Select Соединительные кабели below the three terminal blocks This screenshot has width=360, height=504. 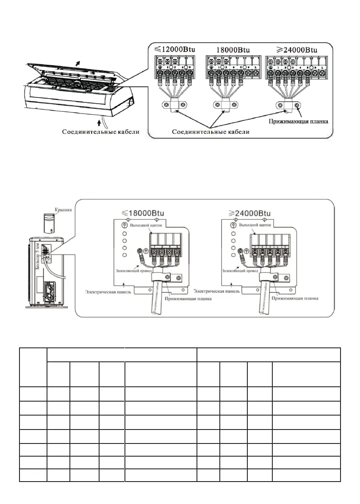[x=210, y=132]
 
